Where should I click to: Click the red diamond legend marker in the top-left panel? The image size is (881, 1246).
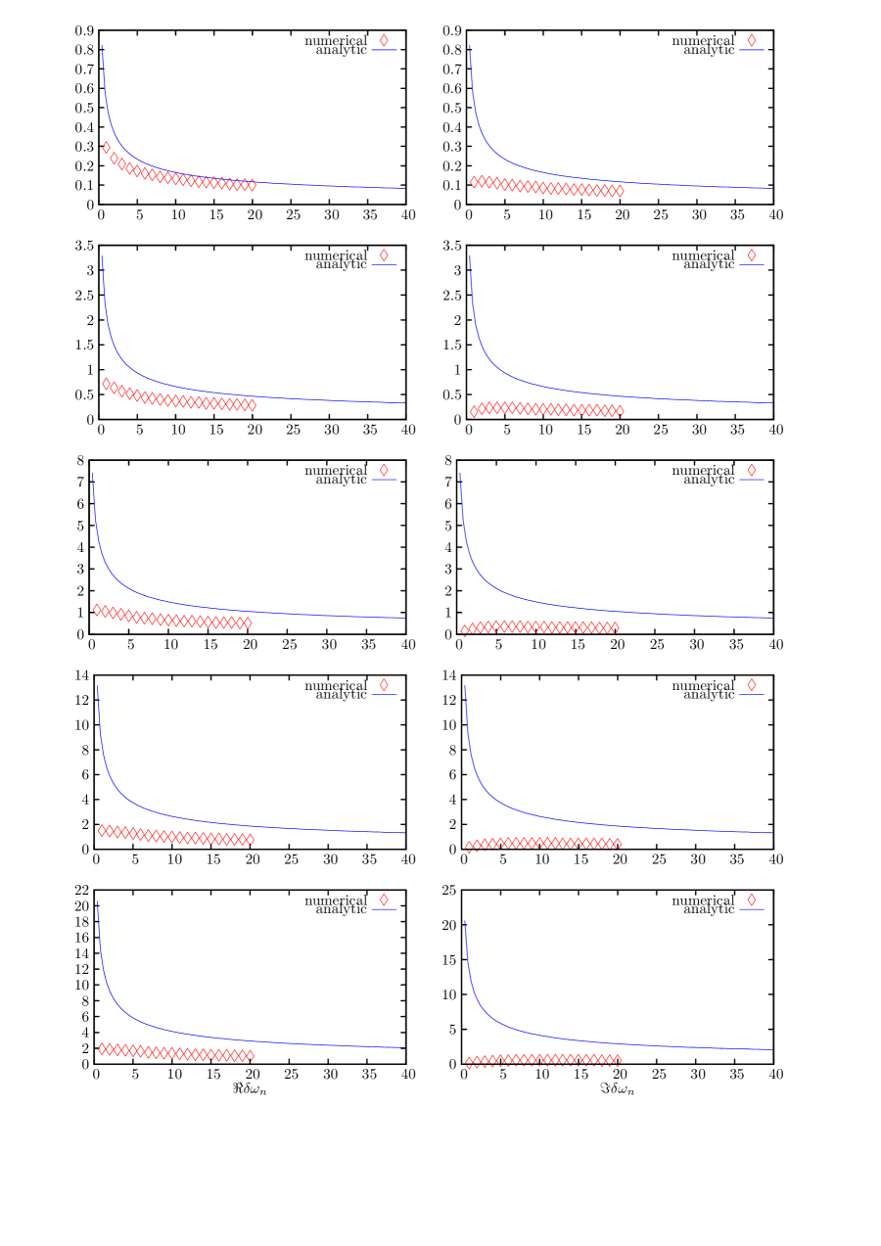tap(384, 40)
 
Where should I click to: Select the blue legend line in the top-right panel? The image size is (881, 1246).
tap(751, 50)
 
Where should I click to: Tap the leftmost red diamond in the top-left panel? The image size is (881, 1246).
tap(107, 148)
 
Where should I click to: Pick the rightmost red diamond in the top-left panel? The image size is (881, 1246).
tap(252, 185)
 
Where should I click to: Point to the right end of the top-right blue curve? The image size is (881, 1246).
tap(772, 188)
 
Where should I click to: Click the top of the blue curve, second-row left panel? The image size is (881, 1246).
tap(103, 257)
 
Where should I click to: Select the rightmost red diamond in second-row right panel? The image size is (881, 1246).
tap(619, 411)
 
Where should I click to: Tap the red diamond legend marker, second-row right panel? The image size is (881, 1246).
tap(752, 255)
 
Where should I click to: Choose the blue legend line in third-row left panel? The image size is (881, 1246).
tap(384, 480)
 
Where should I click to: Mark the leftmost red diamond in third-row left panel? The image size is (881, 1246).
tap(98, 610)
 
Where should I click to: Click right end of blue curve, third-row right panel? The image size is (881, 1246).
tap(772, 618)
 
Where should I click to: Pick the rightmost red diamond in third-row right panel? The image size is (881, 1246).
tap(615, 627)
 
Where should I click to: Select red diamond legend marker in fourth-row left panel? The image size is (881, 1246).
tap(384, 685)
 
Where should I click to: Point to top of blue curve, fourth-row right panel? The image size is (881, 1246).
tap(465, 686)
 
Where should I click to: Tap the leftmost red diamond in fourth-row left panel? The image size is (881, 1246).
tap(103, 831)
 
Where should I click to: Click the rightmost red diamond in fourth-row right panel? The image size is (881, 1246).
tap(617, 844)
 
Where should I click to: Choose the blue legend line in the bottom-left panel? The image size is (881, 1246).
tap(384, 909)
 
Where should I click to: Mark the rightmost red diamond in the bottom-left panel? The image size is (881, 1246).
tap(250, 1056)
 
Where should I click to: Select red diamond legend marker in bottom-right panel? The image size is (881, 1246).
tap(752, 900)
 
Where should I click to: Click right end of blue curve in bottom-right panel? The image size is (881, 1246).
tap(772, 1050)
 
